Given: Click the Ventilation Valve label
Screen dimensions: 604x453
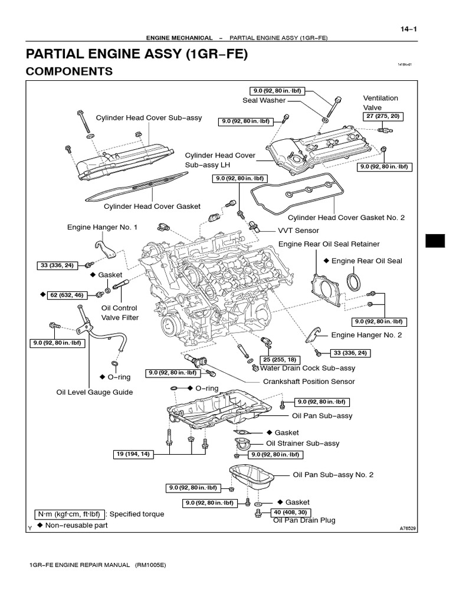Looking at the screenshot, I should pyautogui.click(x=380, y=103).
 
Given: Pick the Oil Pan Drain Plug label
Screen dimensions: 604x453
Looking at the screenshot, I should pyautogui.click(x=304, y=520).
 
